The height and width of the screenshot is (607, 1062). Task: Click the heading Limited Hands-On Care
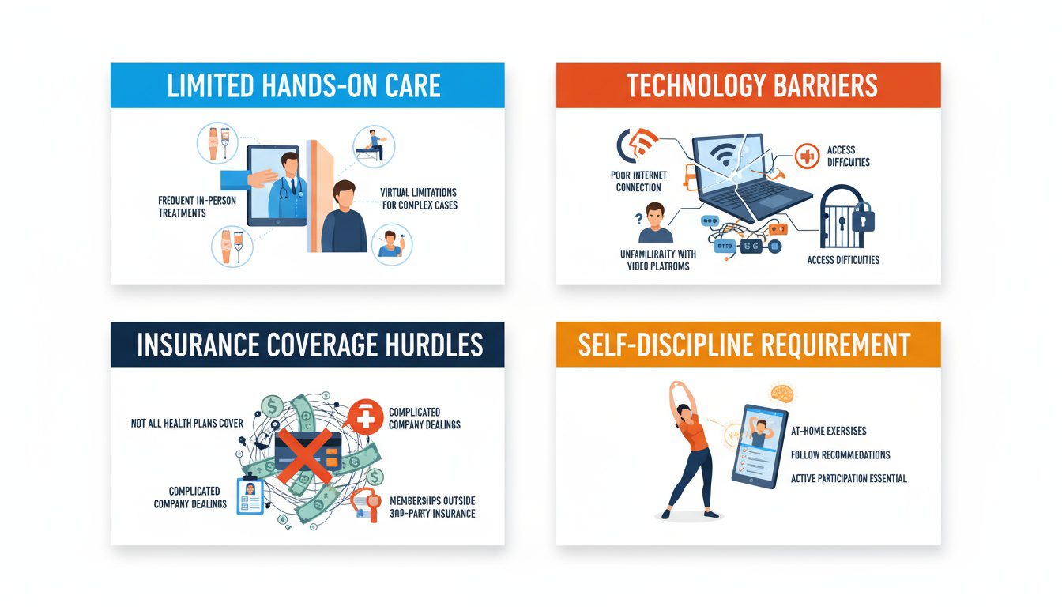click(303, 85)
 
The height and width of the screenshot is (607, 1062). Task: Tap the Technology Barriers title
click(751, 85)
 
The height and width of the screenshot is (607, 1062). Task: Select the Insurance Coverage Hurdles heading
click(309, 345)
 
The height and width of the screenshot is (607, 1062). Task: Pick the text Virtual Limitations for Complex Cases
click(418, 198)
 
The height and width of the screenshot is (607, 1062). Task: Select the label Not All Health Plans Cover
click(187, 424)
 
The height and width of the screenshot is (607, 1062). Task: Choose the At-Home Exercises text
click(828, 431)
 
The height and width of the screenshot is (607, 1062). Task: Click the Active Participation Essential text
click(849, 478)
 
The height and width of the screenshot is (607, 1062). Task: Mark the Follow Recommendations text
click(840, 454)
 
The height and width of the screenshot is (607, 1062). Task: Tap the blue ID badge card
click(250, 496)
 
